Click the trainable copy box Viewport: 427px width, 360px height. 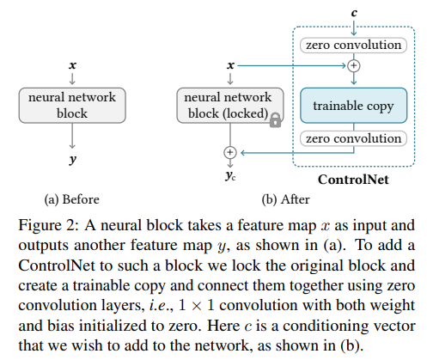(x=353, y=106)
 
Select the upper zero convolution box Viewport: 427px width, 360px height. (x=353, y=46)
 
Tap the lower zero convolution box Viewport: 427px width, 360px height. (x=353, y=138)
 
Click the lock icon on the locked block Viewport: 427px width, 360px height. (x=275, y=120)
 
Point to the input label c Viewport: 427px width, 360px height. (x=354, y=13)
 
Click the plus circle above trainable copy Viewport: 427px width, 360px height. (x=354, y=66)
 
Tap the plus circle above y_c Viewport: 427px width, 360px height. (x=230, y=152)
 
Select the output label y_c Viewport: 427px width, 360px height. (x=230, y=175)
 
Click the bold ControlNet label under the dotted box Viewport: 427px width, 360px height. (x=353, y=180)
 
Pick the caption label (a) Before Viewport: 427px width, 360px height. (x=72, y=199)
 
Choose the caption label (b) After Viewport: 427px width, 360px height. (x=285, y=199)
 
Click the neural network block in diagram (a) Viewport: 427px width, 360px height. (x=72, y=106)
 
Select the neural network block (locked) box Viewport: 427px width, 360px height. (x=230, y=106)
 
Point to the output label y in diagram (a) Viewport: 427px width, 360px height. (x=73, y=160)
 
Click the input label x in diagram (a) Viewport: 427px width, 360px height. (x=73, y=65)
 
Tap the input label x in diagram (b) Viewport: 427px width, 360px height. (x=230, y=65)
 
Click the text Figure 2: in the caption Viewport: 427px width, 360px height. (x=48, y=225)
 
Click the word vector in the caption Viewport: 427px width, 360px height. (x=395, y=326)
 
